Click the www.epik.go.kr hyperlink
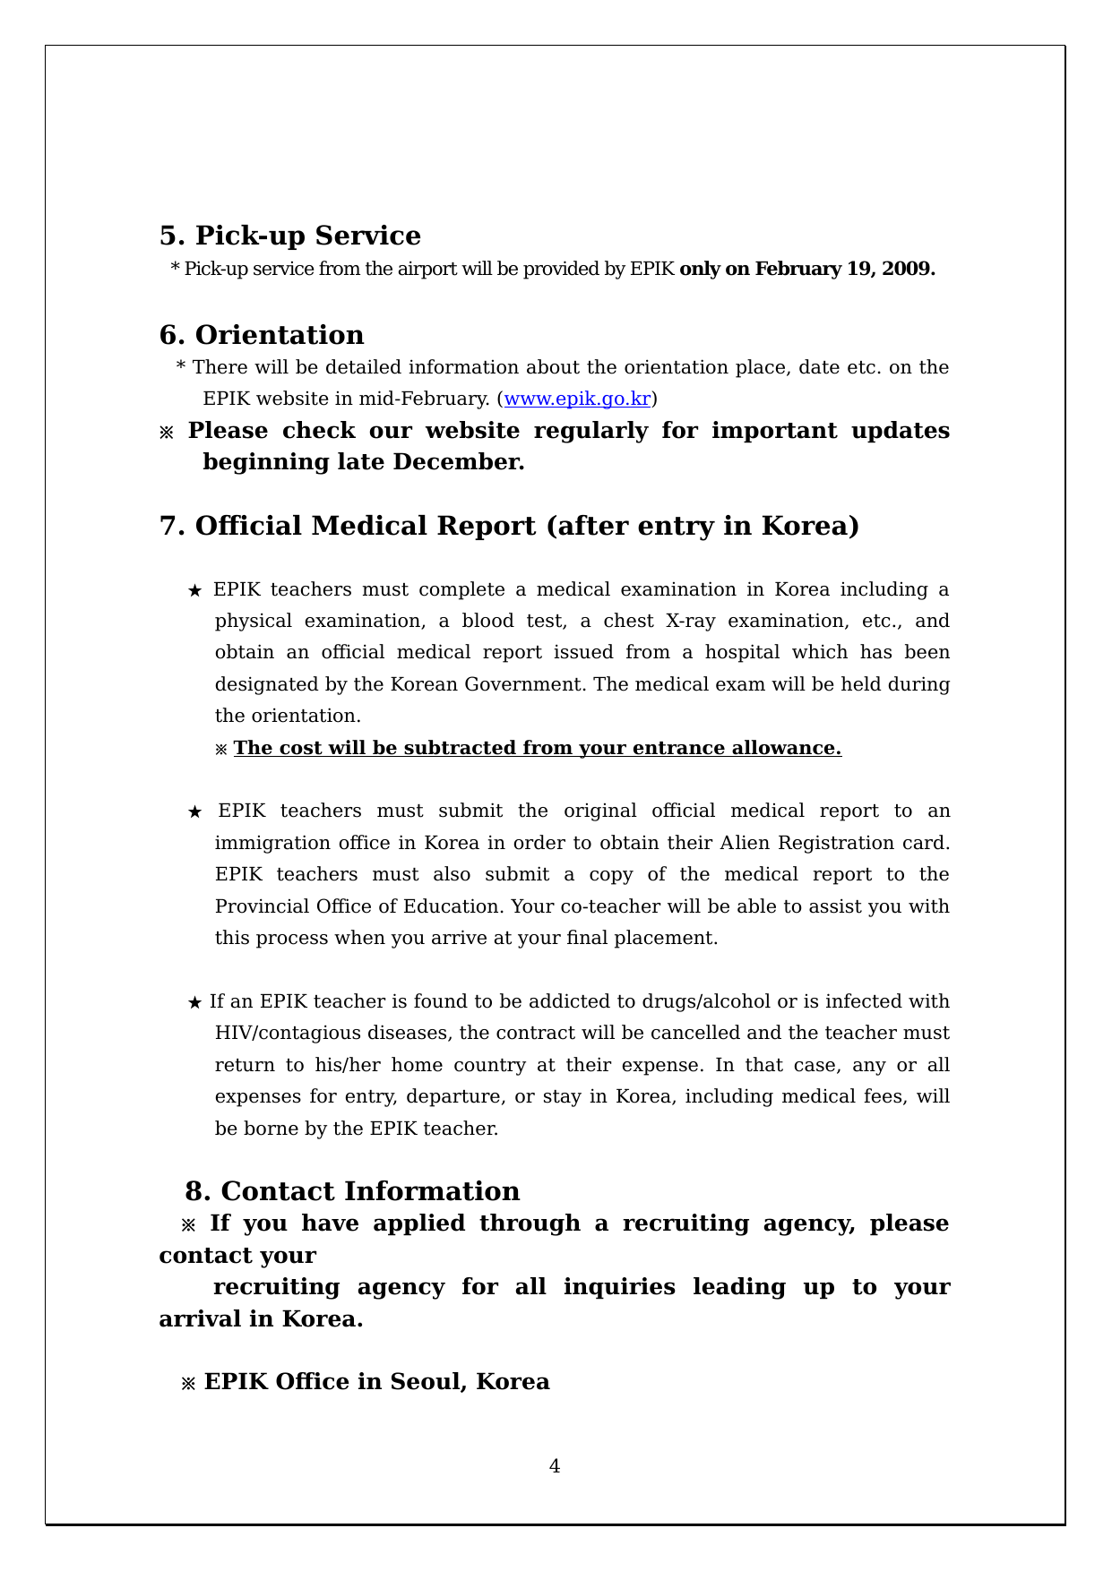(577, 399)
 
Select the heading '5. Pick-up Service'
(289, 236)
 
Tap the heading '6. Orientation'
(262, 335)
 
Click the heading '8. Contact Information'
(352, 1191)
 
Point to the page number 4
(555, 1466)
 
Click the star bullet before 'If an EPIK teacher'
(194, 1002)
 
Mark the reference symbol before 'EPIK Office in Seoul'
(188, 1383)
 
